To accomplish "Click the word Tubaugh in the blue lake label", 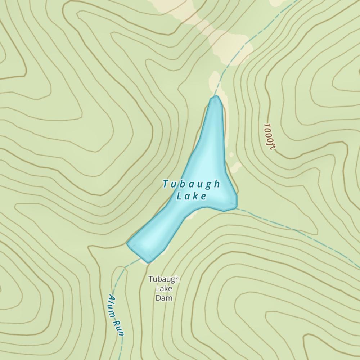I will [x=191, y=184].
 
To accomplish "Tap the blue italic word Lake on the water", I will [x=192, y=197].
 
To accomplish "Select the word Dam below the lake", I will [x=164, y=298].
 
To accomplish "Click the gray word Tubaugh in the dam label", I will [x=164, y=279].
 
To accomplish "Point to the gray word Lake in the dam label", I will [x=164, y=289].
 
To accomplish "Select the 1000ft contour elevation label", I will [x=269, y=137].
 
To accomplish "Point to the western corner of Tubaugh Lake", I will [x=128, y=243].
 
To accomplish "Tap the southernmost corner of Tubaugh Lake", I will [x=148, y=261].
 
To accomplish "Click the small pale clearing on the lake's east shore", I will [x=236, y=167].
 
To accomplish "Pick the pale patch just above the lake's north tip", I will [x=214, y=81].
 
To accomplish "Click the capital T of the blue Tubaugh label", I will [x=165, y=184].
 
